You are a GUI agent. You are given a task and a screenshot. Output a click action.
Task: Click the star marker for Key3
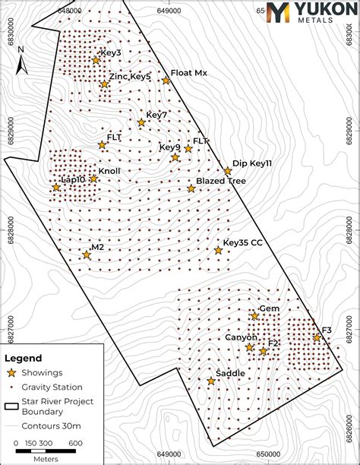pos(96,60)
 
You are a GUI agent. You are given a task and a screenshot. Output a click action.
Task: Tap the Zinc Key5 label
pos(130,77)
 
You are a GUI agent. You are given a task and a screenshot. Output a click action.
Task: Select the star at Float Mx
pos(166,81)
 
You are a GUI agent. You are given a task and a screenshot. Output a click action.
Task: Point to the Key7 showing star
pos(141,122)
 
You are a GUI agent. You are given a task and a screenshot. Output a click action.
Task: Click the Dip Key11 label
pos(252,163)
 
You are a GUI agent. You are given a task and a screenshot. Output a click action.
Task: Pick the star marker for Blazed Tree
pos(191,188)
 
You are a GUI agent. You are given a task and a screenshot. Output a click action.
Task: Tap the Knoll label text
pos(109,172)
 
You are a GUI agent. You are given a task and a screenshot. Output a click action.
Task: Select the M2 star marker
pos(87,255)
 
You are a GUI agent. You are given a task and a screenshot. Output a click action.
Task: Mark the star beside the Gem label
pos(254,316)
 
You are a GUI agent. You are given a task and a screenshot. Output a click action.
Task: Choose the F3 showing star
pos(317,337)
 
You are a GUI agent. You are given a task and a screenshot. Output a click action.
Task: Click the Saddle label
pos(230,374)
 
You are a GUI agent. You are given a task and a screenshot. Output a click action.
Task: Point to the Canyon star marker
pos(249,347)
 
